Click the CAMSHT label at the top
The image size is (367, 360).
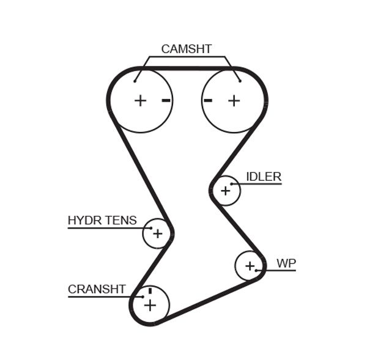(186, 49)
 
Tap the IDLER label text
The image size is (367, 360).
(264, 177)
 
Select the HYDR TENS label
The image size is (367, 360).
(102, 220)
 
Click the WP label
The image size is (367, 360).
(286, 263)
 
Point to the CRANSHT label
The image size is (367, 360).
(97, 289)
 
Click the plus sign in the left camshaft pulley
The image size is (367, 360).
(141, 100)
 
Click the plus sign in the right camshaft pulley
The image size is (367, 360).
(234, 100)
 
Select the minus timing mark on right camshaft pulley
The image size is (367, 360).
(208, 100)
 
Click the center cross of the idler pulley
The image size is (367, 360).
(226, 191)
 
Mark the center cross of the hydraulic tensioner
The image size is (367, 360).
(158, 233)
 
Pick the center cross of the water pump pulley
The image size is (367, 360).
(250, 266)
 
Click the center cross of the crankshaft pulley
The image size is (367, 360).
(150, 305)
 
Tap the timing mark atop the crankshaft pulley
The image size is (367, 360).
(149, 290)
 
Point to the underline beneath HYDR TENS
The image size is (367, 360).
(104, 228)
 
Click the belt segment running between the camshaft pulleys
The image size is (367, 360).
(187, 68)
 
